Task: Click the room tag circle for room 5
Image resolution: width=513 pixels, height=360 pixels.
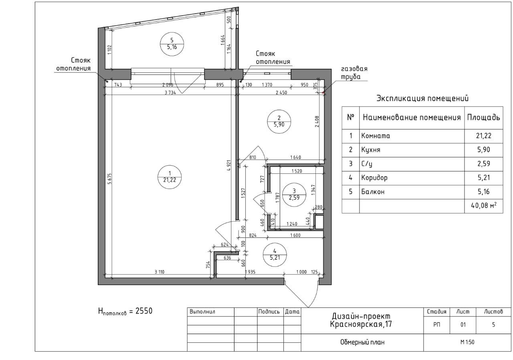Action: [172, 32]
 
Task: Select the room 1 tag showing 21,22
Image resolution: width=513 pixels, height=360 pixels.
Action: [170, 165]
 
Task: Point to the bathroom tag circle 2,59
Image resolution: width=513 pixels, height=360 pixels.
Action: [294, 183]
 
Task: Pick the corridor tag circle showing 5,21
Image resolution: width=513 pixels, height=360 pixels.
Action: [275, 243]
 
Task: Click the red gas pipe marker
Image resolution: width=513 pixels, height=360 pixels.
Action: [323, 93]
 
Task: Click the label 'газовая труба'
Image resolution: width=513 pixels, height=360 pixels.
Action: [354, 72]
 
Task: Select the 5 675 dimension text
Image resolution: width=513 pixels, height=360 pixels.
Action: [110, 179]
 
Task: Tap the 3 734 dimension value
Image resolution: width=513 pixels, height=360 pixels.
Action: [170, 93]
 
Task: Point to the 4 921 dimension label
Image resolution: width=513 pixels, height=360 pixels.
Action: [229, 165]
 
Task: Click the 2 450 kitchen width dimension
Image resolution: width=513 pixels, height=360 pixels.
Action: [281, 93]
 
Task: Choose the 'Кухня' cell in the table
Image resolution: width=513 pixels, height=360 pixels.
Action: [371, 150]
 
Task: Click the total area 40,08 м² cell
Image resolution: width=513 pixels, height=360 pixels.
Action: [484, 205]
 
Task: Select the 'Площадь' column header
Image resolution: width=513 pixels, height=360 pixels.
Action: [483, 117]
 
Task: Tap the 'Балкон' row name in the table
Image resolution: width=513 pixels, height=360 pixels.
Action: [373, 191]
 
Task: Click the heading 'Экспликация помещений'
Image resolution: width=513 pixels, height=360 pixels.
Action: [422, 99]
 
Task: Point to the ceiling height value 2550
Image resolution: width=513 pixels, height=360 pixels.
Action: [144, 311]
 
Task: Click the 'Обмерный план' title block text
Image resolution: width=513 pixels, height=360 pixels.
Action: [362, 342]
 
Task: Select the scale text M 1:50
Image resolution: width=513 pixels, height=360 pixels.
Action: [467, 342]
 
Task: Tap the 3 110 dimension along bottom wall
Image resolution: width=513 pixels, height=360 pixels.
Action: [160, 272]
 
